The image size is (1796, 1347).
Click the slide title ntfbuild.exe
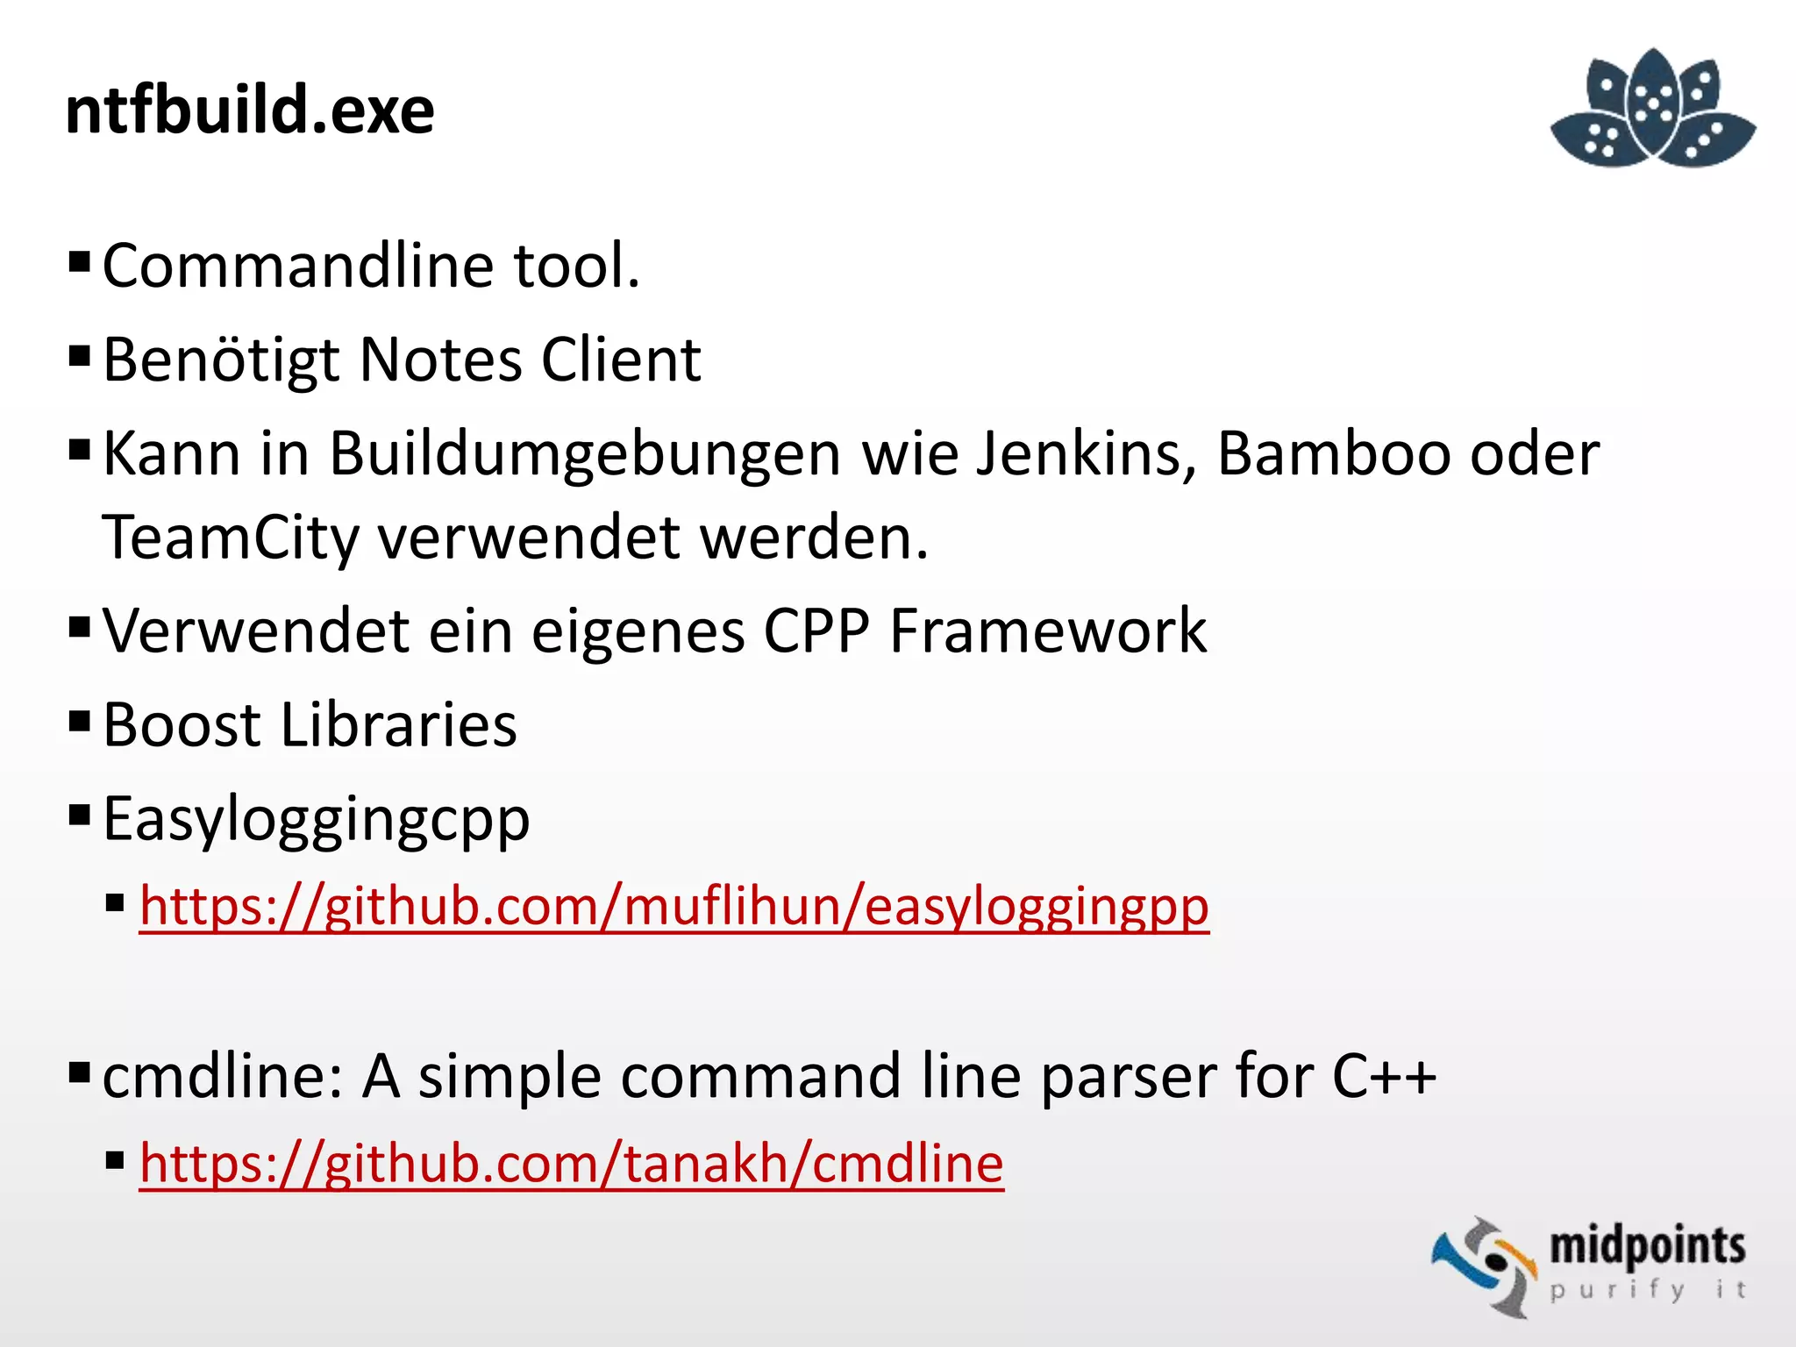point(250,110)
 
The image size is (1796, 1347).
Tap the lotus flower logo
point(1653,109)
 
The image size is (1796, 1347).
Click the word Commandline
point(300,265)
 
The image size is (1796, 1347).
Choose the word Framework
point(1048,631)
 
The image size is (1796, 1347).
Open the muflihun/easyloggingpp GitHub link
point(673,906)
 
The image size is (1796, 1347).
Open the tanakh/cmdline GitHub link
point(571,1164)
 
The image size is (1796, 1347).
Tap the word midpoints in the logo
point(1647,1245)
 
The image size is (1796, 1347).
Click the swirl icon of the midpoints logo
point(1484,1265)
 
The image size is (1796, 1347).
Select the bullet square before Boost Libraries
point(80,722)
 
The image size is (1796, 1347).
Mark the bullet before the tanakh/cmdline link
point(115,1162)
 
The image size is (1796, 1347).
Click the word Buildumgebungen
point(586,454)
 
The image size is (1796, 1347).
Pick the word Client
point(621,360)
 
